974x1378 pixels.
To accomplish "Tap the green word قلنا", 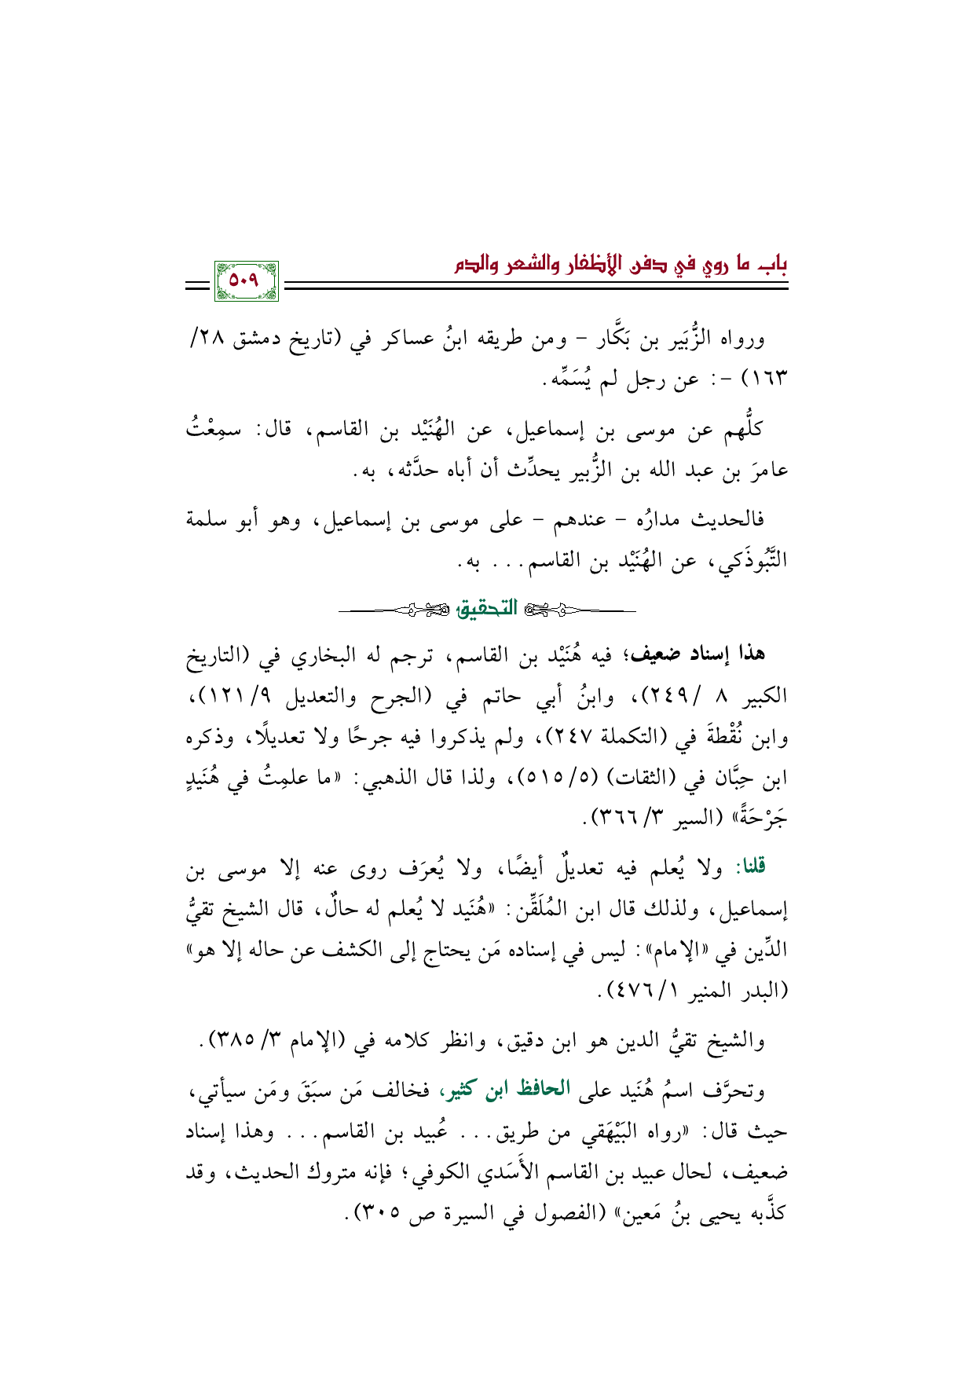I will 749,868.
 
